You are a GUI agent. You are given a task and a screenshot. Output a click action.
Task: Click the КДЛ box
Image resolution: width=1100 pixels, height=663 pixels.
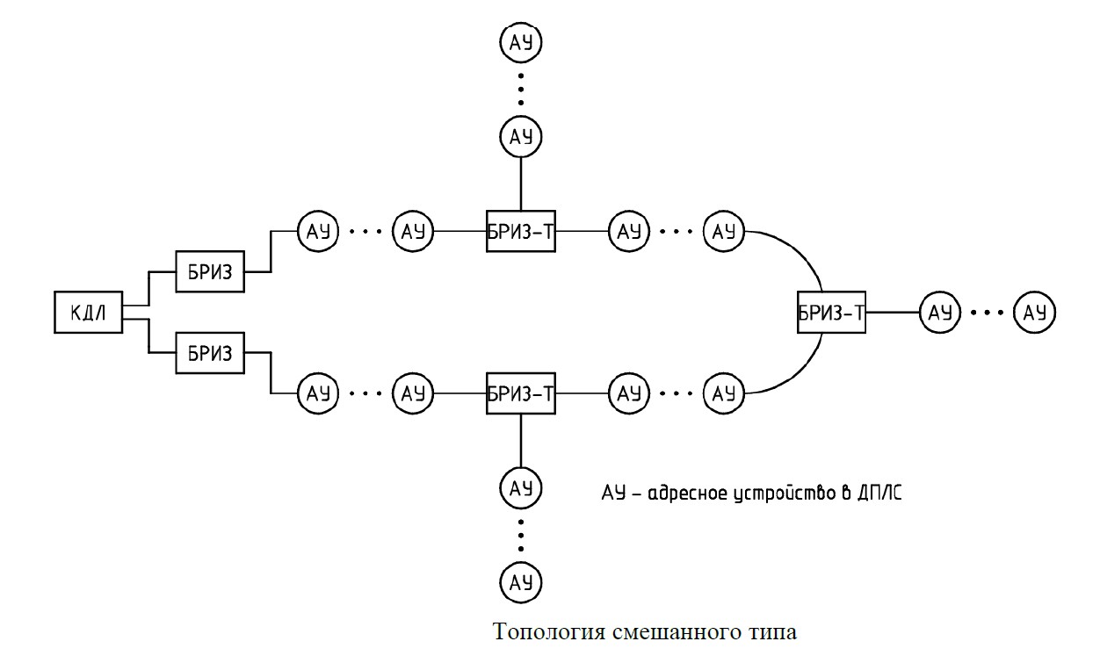88,312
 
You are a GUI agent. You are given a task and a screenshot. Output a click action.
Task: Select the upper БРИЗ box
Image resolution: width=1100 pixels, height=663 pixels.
210,272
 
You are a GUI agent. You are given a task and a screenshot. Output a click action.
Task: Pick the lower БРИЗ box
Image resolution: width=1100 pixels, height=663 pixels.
210,354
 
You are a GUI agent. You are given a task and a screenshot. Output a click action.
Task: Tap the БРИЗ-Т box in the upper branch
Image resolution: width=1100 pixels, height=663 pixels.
521,233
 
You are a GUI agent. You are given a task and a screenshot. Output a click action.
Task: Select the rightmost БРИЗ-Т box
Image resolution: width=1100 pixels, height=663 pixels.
831,312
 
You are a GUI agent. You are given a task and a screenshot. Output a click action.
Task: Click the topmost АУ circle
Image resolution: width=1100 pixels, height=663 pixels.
521,41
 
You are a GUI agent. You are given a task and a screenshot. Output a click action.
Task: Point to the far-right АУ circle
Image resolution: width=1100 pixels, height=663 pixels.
1035,312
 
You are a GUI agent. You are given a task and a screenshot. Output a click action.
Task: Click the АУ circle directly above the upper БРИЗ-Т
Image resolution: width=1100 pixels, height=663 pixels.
521,136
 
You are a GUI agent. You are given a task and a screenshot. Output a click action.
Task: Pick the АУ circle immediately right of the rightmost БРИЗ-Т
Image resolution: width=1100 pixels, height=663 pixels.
941,312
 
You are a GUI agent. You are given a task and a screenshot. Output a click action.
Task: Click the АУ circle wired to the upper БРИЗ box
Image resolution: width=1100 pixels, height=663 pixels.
315,233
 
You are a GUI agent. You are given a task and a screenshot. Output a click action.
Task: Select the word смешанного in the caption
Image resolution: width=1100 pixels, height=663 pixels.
675,632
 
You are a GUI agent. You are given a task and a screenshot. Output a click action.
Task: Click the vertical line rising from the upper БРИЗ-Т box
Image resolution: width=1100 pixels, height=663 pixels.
521,184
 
